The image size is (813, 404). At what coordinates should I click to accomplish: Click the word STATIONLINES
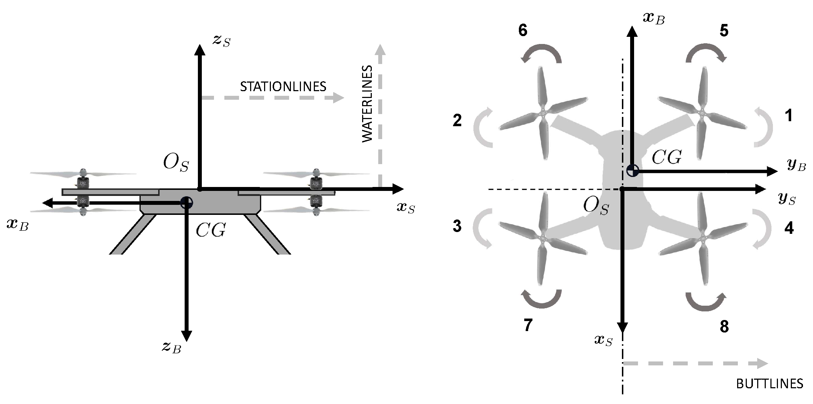[283, 87]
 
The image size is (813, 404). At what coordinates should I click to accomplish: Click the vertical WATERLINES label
[367, 104]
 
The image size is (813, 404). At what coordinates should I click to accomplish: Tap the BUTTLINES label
[769, 384]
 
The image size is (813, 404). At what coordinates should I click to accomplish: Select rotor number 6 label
[522, 31]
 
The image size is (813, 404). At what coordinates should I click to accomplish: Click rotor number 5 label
[724, 31]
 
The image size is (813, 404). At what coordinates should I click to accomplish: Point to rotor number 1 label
[788, 116]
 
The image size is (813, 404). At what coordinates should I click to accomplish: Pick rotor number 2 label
[457, 121]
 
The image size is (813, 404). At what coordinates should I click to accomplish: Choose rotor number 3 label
[457, 226]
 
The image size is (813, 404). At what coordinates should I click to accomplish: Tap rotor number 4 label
[789, 228]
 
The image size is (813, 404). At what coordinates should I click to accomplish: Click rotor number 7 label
[528, 325]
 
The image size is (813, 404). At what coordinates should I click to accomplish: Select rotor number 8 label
[724, 326]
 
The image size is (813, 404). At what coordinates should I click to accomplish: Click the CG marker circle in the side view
[186, 203]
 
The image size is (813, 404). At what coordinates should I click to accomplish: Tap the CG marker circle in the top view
[633, 171]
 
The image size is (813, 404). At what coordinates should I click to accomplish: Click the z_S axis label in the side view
[221, 41]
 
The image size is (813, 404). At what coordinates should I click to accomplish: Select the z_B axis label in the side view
[171, 347]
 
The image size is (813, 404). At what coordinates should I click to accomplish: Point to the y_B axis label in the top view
[797, 165]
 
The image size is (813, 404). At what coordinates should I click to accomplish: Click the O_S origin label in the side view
[176, 163]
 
